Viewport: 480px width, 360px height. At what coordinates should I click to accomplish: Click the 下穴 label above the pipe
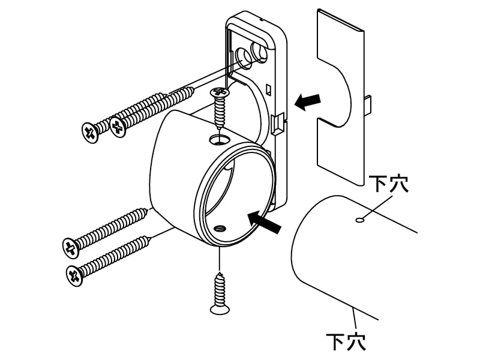[x=388, y=184]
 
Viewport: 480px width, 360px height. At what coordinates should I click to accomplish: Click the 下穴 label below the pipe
[x=346, y=341]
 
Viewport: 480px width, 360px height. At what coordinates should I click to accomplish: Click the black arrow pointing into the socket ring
[x=264, y=222]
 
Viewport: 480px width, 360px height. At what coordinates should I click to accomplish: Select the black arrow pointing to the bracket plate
[x=307, y=102]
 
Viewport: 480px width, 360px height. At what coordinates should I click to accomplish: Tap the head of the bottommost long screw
[x=74, y=275]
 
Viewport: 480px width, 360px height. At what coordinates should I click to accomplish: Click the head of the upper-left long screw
[x=90, y=132]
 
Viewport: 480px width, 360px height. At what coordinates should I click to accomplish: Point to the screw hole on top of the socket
[x=220, y=139]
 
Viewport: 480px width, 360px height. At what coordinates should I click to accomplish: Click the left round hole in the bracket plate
[x=244, y=58]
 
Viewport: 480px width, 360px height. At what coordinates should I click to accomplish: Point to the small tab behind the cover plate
[x=368, y=103]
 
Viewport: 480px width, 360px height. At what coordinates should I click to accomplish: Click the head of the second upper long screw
[x=118, y=127]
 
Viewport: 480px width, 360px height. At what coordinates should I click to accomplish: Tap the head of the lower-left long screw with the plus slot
[x=71, y=248]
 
